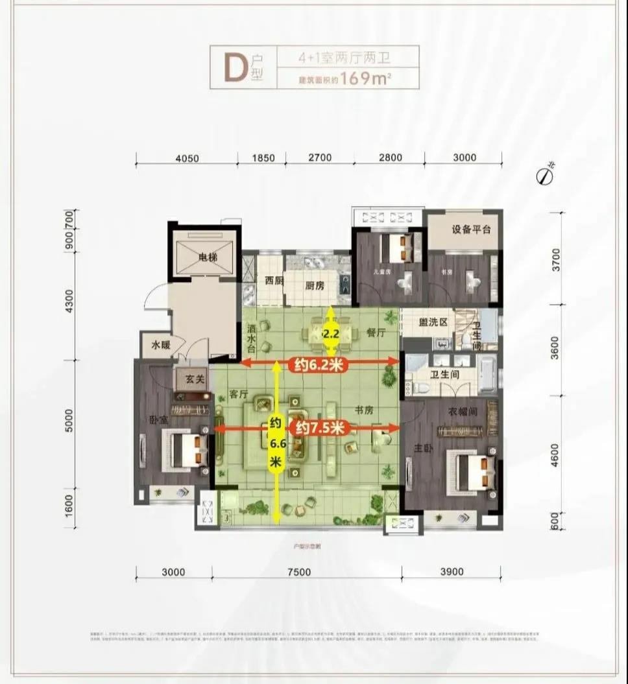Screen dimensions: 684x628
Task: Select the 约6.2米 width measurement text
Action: [318, 366]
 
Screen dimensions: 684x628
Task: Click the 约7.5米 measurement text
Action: [322, 428]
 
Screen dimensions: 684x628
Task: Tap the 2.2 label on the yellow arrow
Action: [331, 335]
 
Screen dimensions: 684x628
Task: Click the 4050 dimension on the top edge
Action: [186, 158]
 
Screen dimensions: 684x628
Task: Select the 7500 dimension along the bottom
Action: [299, 572]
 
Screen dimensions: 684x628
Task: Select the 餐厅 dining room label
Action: [376, 333]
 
